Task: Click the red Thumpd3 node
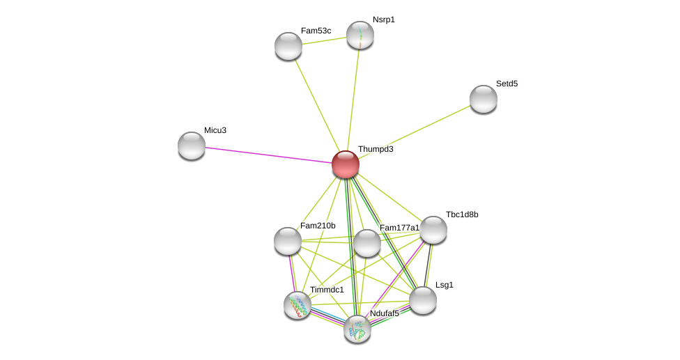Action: pyautogui.click(x=345, y=164)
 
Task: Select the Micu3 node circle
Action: pyautogui.click(x=192, y=146)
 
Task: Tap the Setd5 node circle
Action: pyautogui.click(x=483, y=99)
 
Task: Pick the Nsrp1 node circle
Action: pyautogui.click(x=360, y=35)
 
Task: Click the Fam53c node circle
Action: pyautogui.click(x=288, y=46)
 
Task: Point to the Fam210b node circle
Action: pyautogui.click(x=288, y=241)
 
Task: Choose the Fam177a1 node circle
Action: pyautogui.click(x=367, y=243)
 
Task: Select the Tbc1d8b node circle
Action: pyautogui.click(x=433, y=230)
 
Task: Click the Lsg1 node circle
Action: pyautogui.click(x=423, y=300)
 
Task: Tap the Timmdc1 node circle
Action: pyautogui.click(x=297, y=305)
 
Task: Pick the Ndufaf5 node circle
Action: pyautogui.click(x=357, y=329)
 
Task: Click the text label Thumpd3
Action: pyautogui.click(x=376, y=149)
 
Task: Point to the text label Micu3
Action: pyautogui.click(x=215, y=130)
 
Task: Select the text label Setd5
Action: pyautogui.click(x=507, y=84)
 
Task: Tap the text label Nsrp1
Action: pyautogui.click(x=383, y=19)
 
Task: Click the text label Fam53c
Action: pyautogui.click(x=316, y=31)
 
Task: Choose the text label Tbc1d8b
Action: pyautogui.click(x=462, y=214)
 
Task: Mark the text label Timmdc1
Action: pyautogui.click(x=327, y=290)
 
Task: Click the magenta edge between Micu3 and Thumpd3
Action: pyautogui.click(x=268, y=155)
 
